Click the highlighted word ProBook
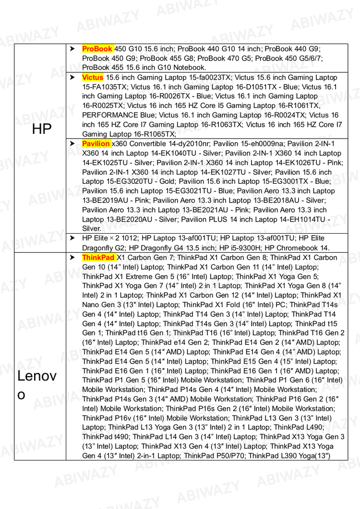97,48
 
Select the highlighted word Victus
93,77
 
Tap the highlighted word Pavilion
96,143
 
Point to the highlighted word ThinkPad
98,258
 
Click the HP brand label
42,129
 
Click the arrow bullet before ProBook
72,48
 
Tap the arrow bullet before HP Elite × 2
72,238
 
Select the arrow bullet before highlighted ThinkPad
72,258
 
